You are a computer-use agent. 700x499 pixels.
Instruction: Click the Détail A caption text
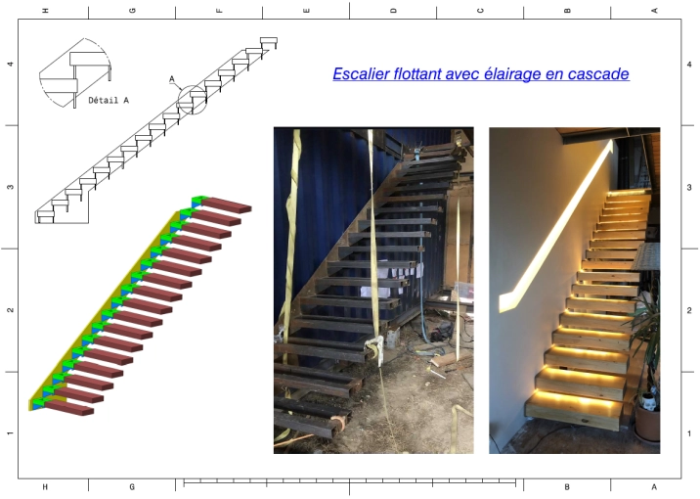tap(109, 100)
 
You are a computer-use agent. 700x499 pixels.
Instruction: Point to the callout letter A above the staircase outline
tap(172, 79)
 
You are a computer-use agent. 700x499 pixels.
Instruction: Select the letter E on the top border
tap(306, 11)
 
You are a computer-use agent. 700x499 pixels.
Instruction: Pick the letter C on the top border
tap(480, 11)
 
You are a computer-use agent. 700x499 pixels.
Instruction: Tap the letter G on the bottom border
tap(132, 487)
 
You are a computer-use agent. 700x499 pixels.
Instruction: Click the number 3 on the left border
tap(10, 187)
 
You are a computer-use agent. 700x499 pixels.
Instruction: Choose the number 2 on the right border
tap(689, 310)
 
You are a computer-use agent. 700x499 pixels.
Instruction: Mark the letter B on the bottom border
tap(567, 487)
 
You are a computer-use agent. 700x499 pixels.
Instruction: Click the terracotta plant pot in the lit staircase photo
tap(647, 423)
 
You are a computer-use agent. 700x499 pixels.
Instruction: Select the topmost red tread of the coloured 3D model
tap(227, 205)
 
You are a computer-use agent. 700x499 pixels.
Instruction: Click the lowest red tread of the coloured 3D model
tap(68, 407)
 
